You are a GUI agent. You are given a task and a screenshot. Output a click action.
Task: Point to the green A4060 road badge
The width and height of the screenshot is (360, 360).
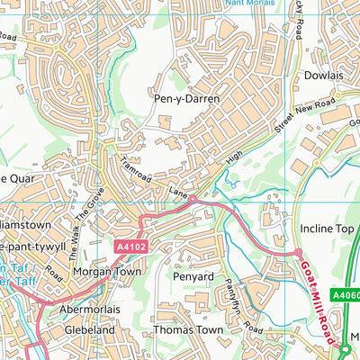coord(345,292)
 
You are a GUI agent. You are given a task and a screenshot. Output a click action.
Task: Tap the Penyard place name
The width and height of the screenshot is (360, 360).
coord(192,277)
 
